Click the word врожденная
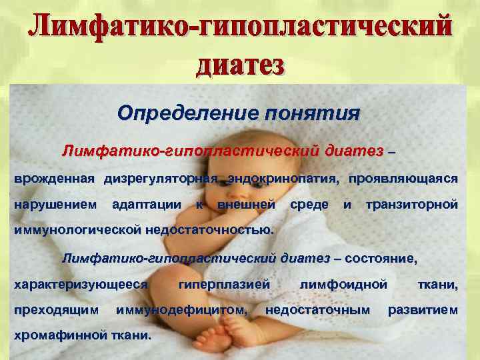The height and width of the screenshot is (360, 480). click(x=55, y=179)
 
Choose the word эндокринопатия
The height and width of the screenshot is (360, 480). click(x=283, y=179)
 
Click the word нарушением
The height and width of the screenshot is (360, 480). click(x=55, y=203)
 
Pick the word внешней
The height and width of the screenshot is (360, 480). click(x=247, y=203)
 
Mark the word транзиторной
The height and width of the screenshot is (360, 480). click(x=411, y=203)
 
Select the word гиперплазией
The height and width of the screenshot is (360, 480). click(x=225, y=284)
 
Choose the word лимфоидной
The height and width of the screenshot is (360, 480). click(x=343, y=284)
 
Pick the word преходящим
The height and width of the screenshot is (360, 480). click(x=56, y=309)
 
